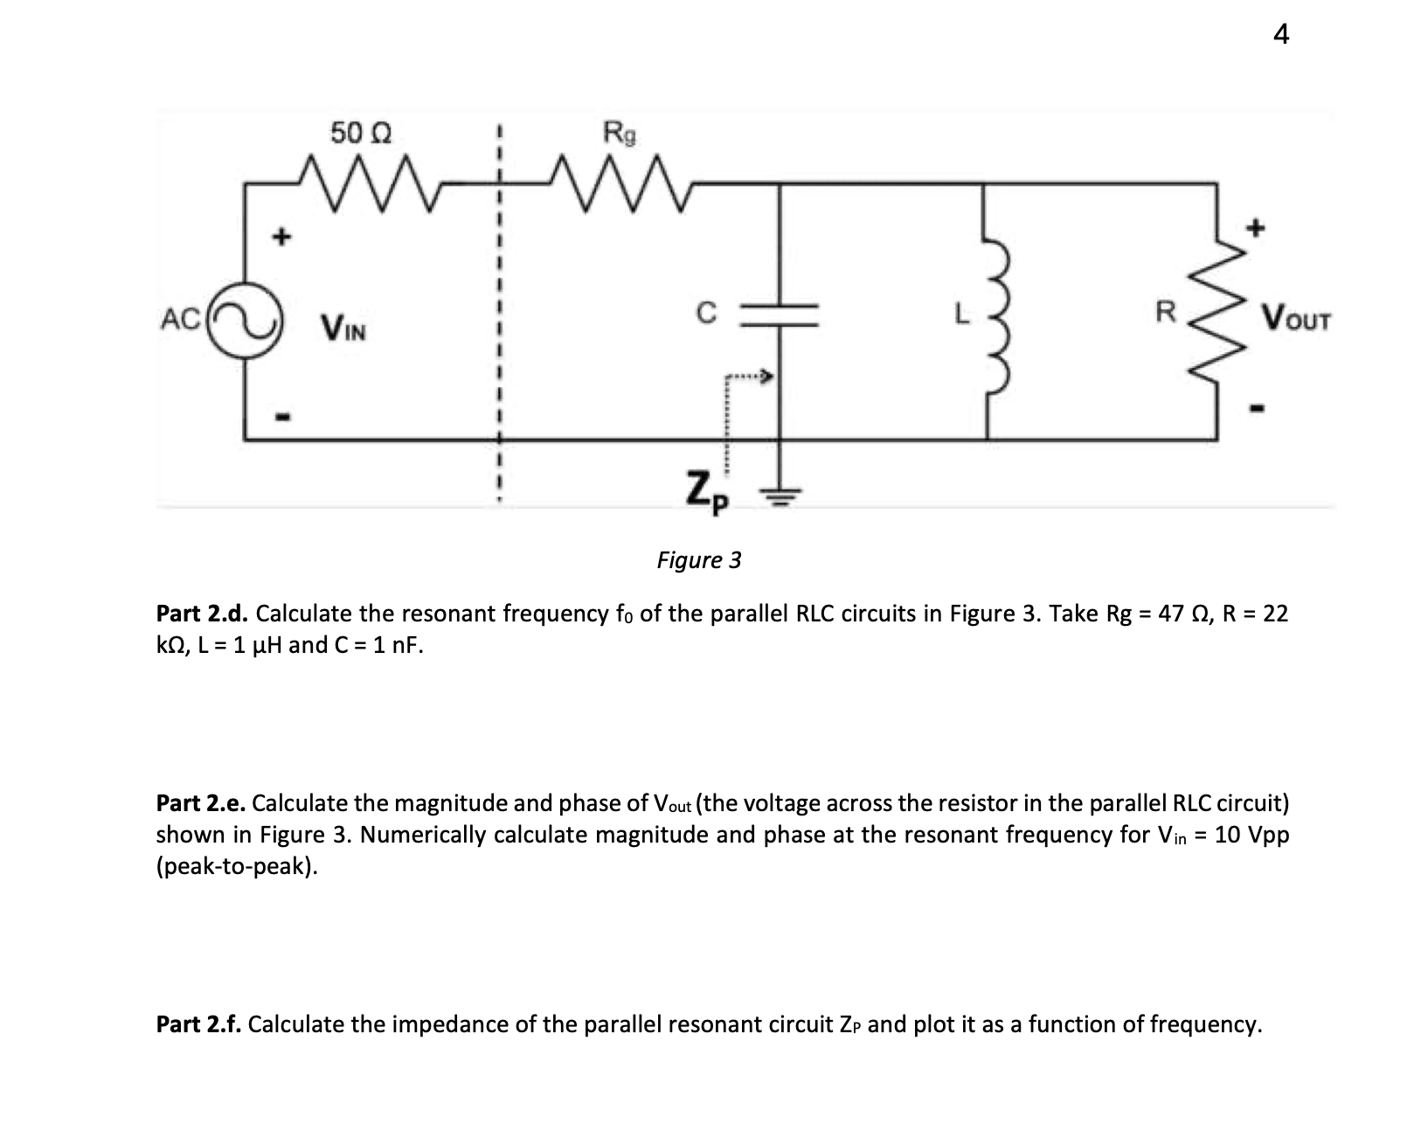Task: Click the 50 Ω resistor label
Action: click(360, 133)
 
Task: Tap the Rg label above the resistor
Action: click(620, 133)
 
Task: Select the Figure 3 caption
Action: click(699, 559)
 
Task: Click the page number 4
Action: click(1280, 34)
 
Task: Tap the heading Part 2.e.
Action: click(200, 803)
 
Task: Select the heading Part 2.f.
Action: click(198, 1024)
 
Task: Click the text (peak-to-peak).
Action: click(236, 866)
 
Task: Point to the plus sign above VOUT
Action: click(1256, 229)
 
